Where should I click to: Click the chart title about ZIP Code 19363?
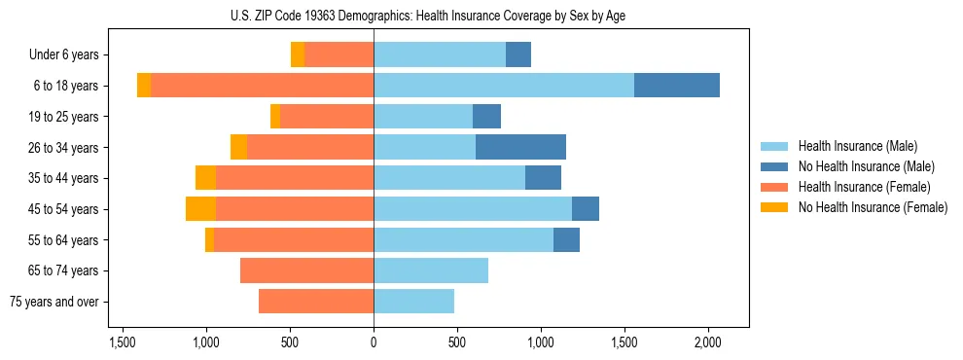coord(428,16)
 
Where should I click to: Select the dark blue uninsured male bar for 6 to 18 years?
coord(677,86)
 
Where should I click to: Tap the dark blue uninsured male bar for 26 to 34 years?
coord(520,147)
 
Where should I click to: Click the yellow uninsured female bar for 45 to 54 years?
coord(200,208)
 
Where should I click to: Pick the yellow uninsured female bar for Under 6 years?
coord(298,54)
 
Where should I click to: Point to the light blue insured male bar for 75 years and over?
coord(413,302)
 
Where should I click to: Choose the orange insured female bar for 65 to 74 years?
coord(306,270)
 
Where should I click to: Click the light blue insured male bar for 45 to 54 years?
coord(473,208)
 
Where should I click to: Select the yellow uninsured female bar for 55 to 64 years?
coord(209,239)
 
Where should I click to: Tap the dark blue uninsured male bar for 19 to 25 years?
coord(486,117)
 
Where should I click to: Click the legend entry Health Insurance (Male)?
coord(857,146)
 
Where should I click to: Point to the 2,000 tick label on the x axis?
coord(707,342)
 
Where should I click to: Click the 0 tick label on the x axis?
coord(374,342)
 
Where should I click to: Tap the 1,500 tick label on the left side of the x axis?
coord(123,342)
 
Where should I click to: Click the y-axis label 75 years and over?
coord(53,302)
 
